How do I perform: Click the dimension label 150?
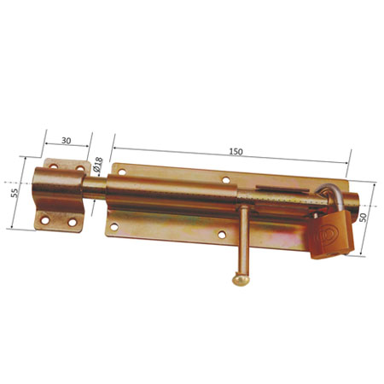click(236, 152)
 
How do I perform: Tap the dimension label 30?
click(67, 141)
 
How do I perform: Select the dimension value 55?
click(15, 193)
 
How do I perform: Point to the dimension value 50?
click(363, 218)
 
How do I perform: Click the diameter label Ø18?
click(97, 166)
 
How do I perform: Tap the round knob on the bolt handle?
click(241, 280)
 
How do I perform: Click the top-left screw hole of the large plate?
click(122, 172)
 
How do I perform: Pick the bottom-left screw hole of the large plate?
click(114, 227)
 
